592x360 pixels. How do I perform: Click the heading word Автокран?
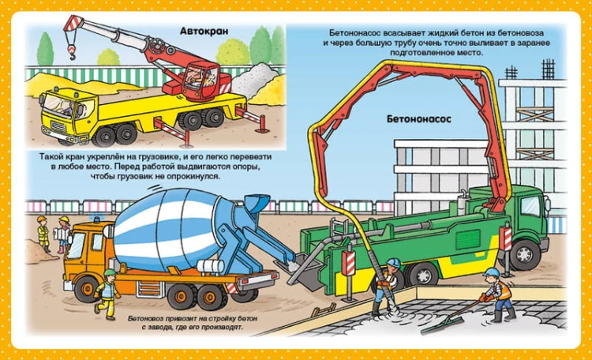[204, 32]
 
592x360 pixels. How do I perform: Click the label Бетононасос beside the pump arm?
[418, 119]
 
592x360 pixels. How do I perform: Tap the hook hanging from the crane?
[72, 52]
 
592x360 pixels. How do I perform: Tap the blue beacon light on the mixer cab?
[96, 219]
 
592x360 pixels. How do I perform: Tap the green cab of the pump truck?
[529, 213]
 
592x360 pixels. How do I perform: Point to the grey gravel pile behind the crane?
[253, 78]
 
